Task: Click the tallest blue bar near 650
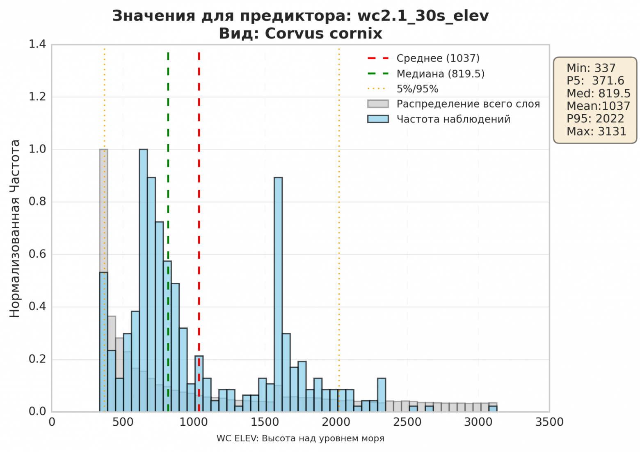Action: point(143,279)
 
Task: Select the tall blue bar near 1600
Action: point(278,294)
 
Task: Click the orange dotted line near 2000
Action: point(339,205)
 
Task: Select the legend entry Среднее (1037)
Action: point(438,58)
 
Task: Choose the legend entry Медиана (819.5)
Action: point(440,74)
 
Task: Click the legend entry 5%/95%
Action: point(417,89)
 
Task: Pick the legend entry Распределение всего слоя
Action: point(468,104)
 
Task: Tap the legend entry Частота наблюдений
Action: point(453,119)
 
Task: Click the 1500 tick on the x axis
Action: point(265,422)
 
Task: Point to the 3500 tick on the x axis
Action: point(549,422)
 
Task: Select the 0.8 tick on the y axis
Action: point(37,202)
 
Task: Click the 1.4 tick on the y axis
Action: point(37,44)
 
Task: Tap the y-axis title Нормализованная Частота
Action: point(15,228)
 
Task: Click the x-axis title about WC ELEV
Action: point(300,438)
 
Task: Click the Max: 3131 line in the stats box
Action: point(596,131)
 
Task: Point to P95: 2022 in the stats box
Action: point(595,119)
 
